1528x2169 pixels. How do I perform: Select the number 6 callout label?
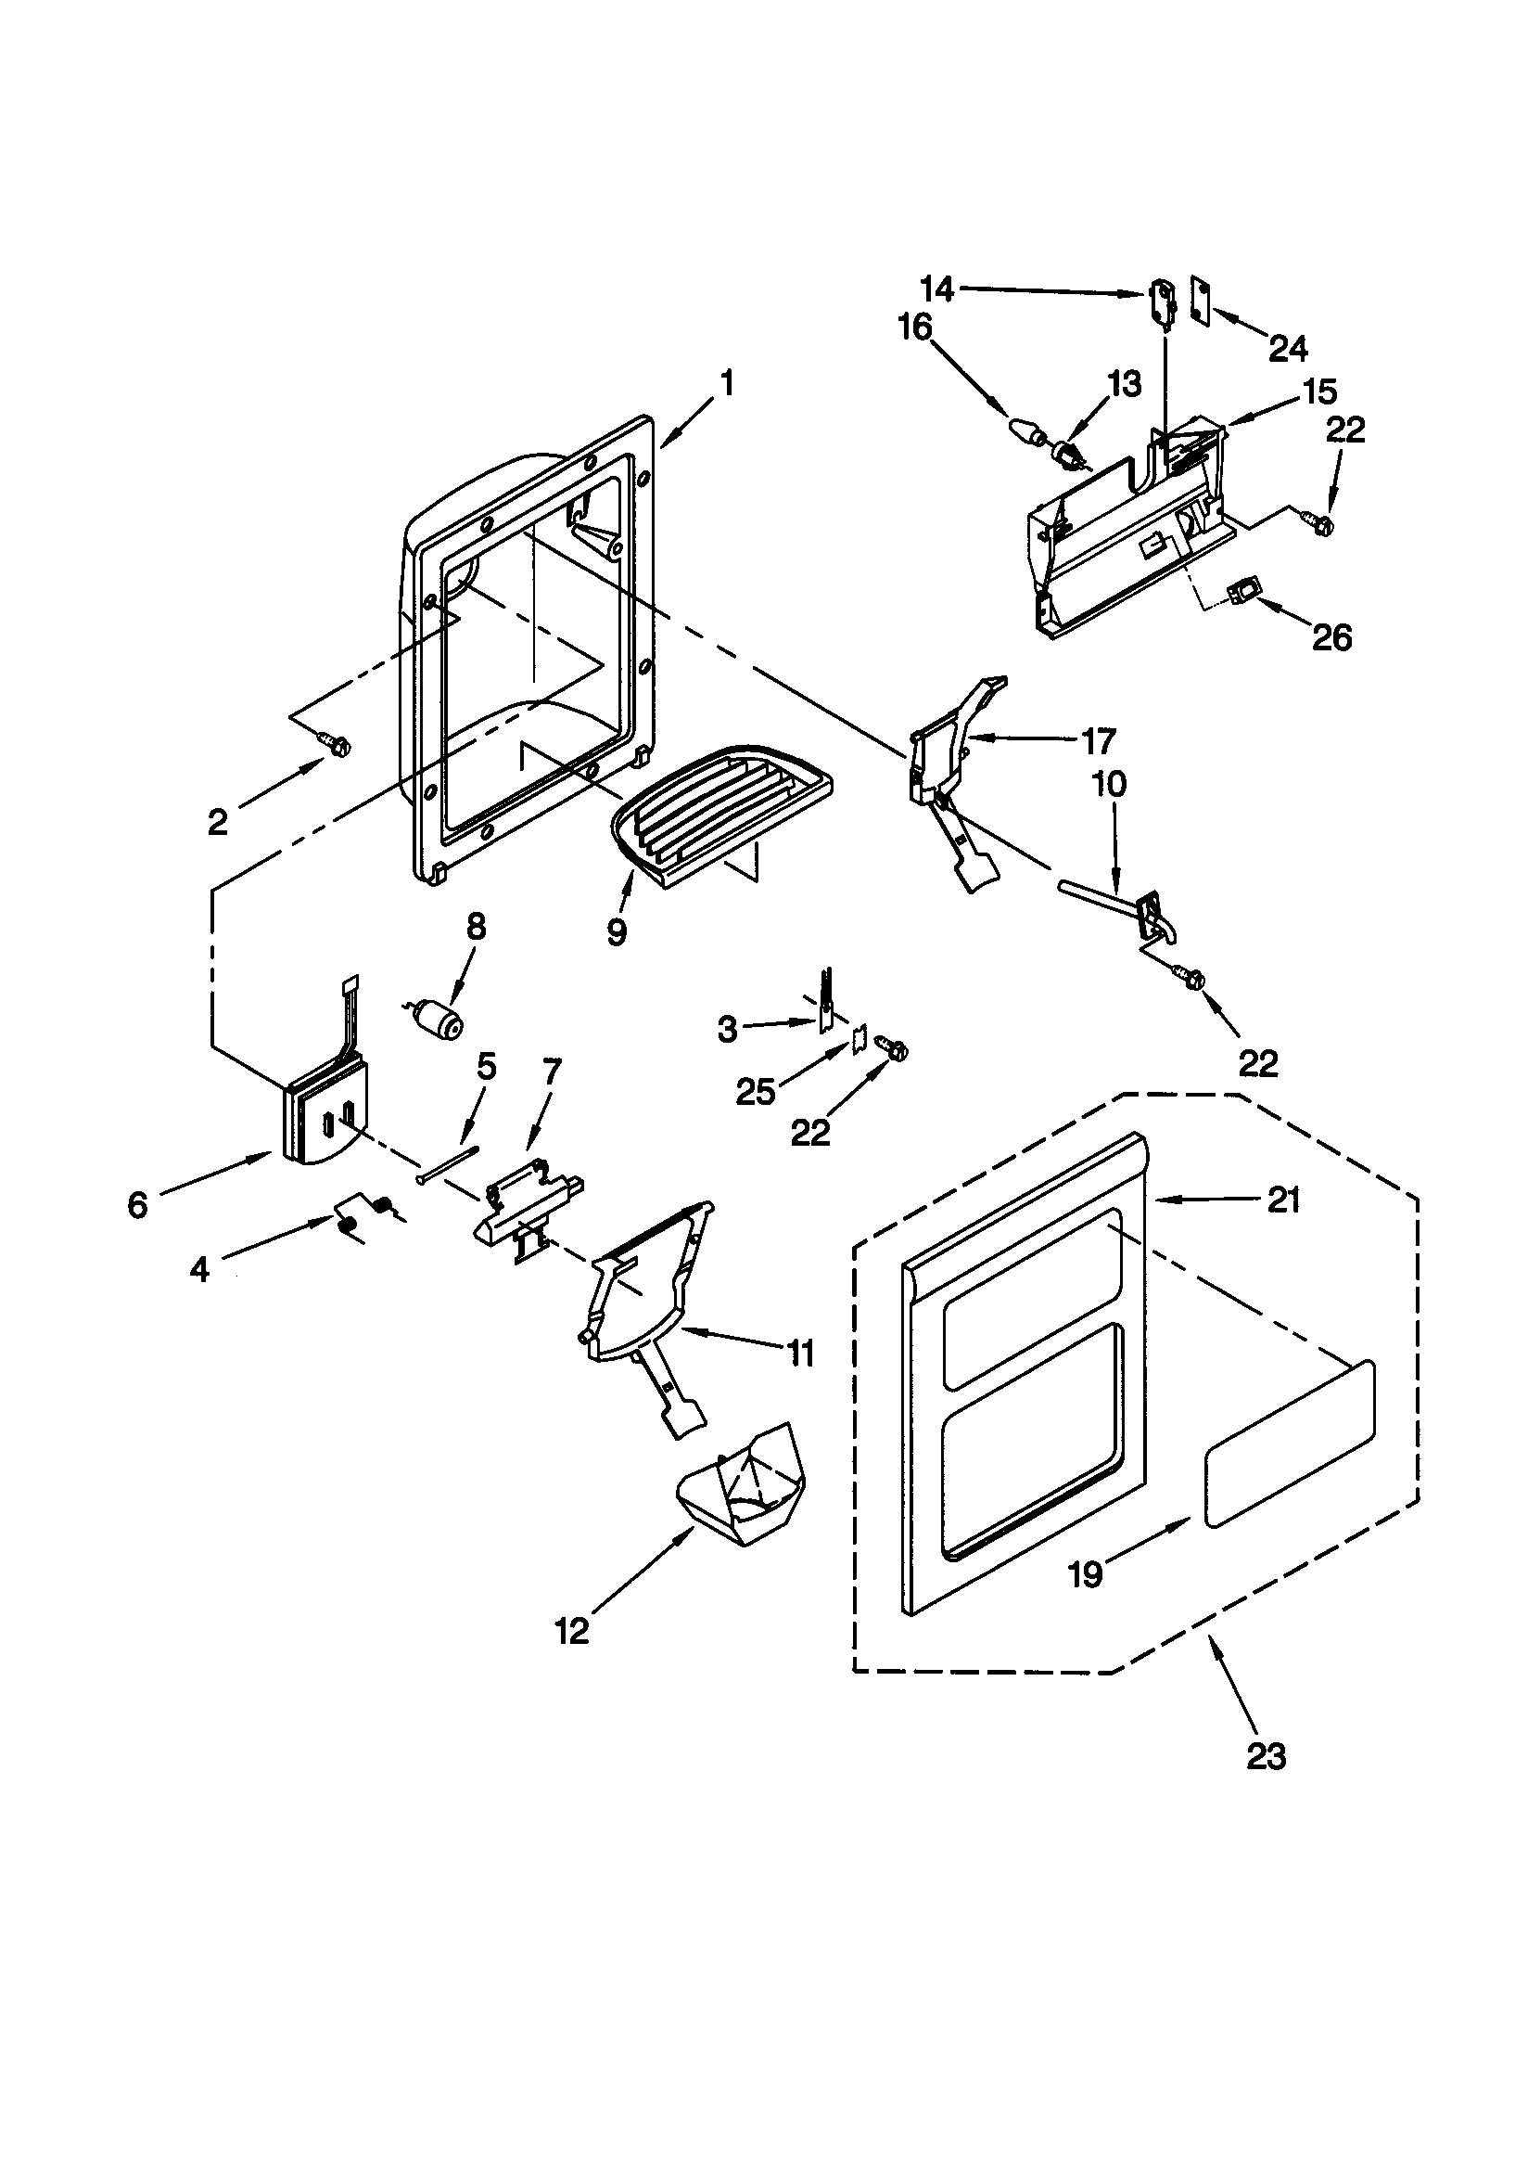point(138,1204)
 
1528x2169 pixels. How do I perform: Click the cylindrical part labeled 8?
point(439,1021)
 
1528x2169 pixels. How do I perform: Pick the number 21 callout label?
point(1283,1200)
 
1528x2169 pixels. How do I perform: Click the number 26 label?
point(1331,637)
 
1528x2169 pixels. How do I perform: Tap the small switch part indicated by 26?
point(1244,596)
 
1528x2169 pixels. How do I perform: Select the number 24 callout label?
point(1288,349)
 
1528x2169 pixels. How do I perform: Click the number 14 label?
point(936,289)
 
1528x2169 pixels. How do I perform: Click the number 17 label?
point(1099,741)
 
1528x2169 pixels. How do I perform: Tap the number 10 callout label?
point(1110,784)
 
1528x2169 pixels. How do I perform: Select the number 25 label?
point(756,1092)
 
